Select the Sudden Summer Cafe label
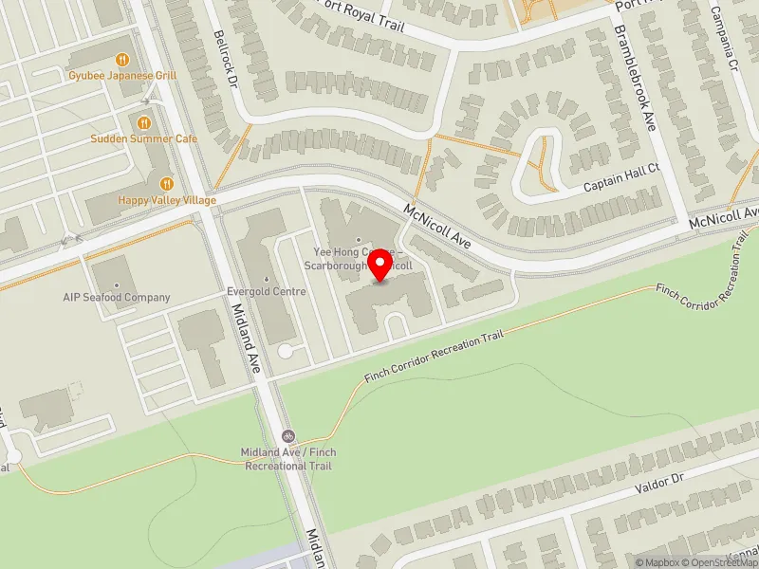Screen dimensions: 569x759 coord(144,138)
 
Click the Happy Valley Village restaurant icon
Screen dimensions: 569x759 coord(167,183)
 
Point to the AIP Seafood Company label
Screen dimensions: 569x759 coord(117,298)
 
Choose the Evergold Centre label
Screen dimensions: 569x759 coord(267,292)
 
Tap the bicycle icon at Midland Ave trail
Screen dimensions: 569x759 coord(289,437)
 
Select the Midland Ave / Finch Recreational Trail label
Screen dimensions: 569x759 coord(289,460)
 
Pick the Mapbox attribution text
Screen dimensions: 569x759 coord(656,562)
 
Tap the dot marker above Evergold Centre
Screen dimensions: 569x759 coord(267,278)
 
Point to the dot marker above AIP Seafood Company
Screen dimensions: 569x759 coord(117,284)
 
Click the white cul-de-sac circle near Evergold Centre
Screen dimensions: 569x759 coord(285,352)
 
